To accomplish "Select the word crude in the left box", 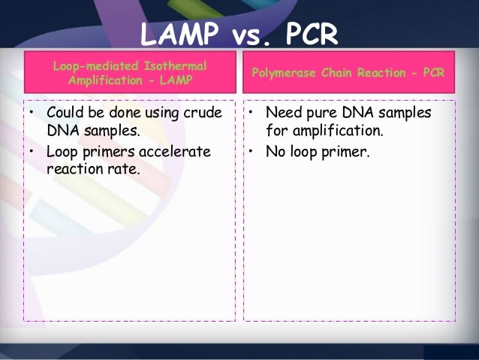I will [204, 113].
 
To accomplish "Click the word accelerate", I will [174, 152].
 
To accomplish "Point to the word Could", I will [65, 113].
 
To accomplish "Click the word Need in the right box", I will [281, 113].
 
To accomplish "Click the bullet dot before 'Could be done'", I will [32, 113].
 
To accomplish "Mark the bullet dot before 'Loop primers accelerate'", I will [32, 153].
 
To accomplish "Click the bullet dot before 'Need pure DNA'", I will [252, 113].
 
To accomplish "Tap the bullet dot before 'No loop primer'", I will [252, 153].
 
